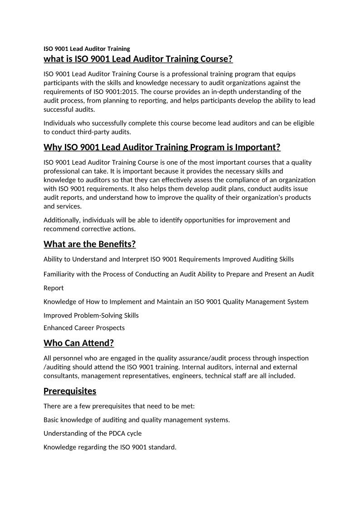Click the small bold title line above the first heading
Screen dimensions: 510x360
tap(87, 49)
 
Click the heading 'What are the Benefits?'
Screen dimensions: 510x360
tap(89, 244)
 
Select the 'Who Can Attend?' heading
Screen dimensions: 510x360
tap(79, 342)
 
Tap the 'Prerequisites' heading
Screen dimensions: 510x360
tap(70, 391)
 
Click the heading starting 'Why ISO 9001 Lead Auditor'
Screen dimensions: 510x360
tap(162, 147)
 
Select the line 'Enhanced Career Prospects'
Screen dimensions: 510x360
tap(84, 328)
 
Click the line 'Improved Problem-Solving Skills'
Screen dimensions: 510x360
tap(91, 315)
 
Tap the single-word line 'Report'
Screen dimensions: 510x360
tap(54, 288)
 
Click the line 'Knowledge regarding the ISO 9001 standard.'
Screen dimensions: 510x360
tap(109, 447)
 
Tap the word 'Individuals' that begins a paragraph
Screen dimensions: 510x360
tap(60, 123)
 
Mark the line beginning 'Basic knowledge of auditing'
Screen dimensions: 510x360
tap(136, 420)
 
